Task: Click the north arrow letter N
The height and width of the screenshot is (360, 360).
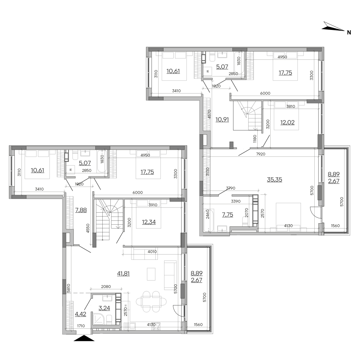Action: coord(349,33)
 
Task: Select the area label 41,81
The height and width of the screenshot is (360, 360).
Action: coord(123,274)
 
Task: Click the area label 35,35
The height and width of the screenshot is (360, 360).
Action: coord(274,180)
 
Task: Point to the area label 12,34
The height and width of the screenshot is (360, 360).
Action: coord(149,222)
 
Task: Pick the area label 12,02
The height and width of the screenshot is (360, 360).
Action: coord(287,122)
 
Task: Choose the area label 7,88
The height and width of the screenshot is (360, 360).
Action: coord(81,210)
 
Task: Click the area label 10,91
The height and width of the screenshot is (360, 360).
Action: coord(222,120)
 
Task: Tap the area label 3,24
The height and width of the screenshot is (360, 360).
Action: coord(104,308)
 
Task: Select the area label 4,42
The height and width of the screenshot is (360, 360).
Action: coord(81,314)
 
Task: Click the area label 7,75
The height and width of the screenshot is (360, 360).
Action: coord(227,215)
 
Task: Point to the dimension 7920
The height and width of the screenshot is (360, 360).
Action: coord(261,154)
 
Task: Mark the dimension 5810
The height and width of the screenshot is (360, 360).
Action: coord(69,288)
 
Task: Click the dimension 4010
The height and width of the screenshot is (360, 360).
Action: coord(152,252)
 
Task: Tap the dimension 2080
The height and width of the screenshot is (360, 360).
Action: coord(106,287)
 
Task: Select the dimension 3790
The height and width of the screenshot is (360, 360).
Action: coord(231,188)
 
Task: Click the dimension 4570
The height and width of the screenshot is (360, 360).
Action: coord(209,114)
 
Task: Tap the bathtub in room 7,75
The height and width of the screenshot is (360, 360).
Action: coord(209,220)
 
